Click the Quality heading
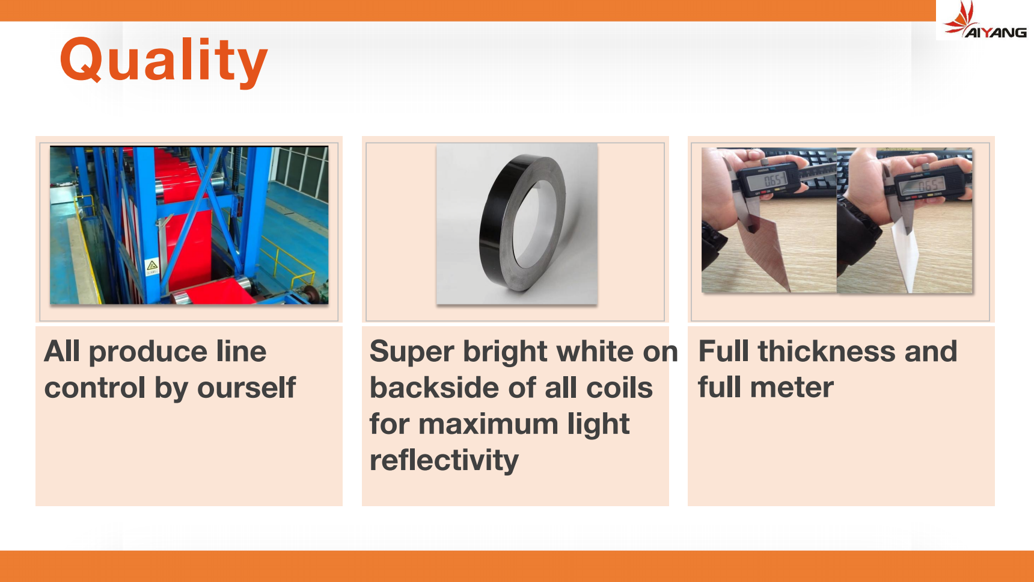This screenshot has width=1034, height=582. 164,60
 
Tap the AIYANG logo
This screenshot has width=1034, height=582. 985,20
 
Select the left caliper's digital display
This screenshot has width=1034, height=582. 772,179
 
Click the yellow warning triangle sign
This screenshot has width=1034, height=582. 152,265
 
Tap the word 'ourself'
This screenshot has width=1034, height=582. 246,388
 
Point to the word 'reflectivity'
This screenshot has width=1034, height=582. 444,460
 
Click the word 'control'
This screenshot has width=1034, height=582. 95,388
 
